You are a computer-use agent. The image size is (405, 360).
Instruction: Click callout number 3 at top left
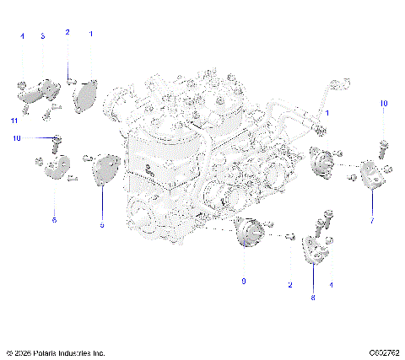click(43, 36)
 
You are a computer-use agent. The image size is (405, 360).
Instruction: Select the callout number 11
click(14, 121)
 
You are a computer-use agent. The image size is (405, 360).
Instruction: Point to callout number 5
click(102, 226)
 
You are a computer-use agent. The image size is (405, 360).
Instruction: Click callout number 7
click(371, 220)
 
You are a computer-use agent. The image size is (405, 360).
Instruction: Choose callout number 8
click(313, 298)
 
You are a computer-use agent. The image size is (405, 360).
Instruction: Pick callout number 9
click(244, 281)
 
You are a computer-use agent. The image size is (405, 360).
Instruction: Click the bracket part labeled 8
click(312, 250)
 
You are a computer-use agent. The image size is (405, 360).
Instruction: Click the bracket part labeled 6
click(53, 168)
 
